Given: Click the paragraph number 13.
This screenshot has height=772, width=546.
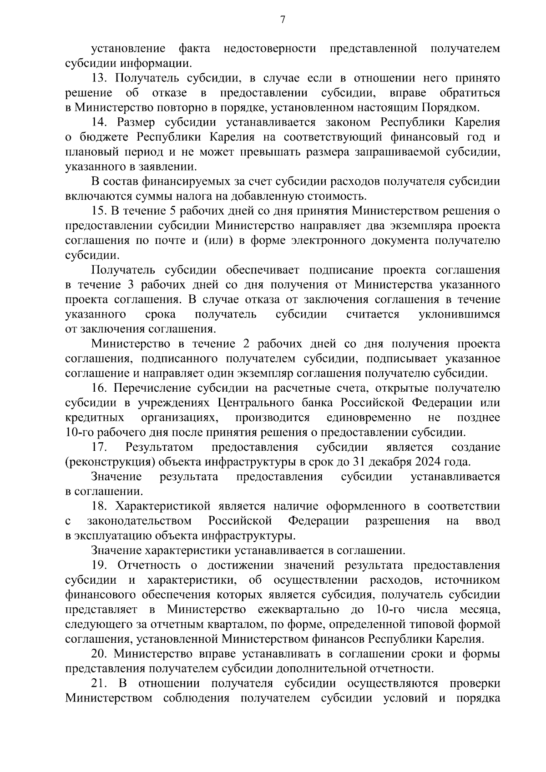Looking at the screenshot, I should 99,78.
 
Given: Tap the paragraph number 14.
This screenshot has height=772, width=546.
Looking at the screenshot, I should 99,122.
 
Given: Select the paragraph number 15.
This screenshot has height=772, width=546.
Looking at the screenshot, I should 99,211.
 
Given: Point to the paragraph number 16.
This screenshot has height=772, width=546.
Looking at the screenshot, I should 99,388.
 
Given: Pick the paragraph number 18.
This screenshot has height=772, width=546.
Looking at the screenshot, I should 99,506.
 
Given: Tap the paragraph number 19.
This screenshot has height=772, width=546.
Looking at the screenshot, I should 99,565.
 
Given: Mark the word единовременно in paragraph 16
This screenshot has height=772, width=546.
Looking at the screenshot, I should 369,418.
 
